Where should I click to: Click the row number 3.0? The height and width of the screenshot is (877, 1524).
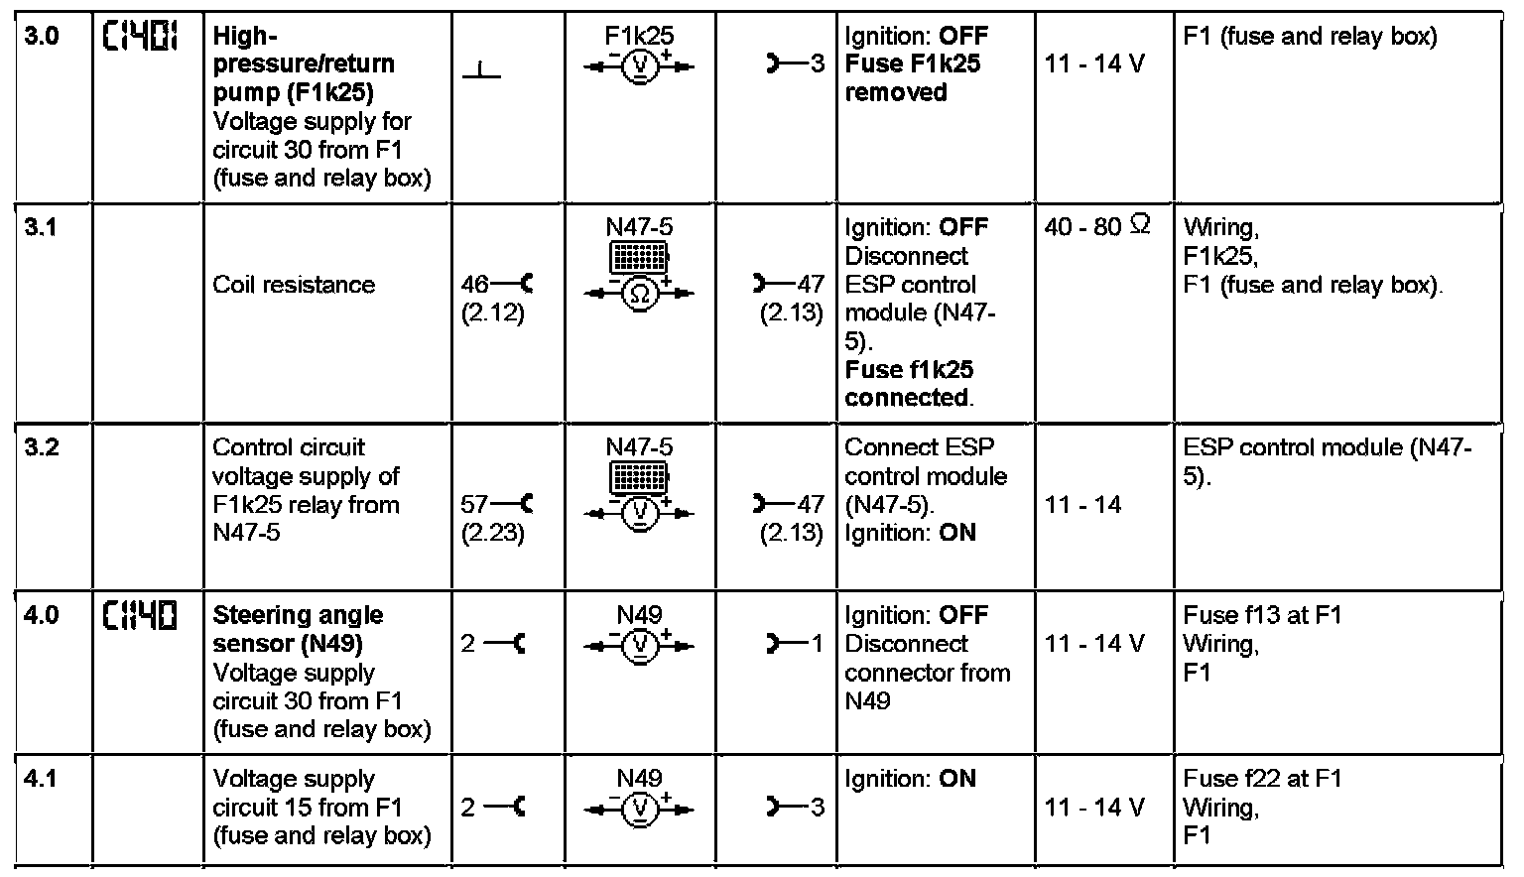41,37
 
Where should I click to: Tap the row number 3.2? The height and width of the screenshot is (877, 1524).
41,447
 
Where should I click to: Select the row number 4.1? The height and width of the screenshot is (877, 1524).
41,779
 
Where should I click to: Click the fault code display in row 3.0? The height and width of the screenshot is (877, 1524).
140,38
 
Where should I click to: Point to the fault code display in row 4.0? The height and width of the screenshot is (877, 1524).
140,617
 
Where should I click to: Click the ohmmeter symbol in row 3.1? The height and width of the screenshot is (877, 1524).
640,294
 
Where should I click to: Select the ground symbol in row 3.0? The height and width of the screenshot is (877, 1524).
481,69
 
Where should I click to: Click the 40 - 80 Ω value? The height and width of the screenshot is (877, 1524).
1096,227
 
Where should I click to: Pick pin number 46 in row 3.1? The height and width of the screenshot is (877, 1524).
475,285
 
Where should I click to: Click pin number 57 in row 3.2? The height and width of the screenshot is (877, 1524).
475,505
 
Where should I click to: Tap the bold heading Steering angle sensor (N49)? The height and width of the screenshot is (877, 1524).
298,629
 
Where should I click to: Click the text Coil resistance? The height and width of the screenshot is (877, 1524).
294,285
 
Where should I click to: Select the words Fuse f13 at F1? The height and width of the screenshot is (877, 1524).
1262,615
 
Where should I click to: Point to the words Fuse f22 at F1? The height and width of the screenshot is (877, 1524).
1262,779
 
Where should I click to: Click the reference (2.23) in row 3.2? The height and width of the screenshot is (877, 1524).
493,534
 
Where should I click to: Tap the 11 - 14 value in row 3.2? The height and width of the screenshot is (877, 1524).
1082,505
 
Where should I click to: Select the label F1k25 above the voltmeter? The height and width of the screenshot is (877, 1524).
640,37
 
